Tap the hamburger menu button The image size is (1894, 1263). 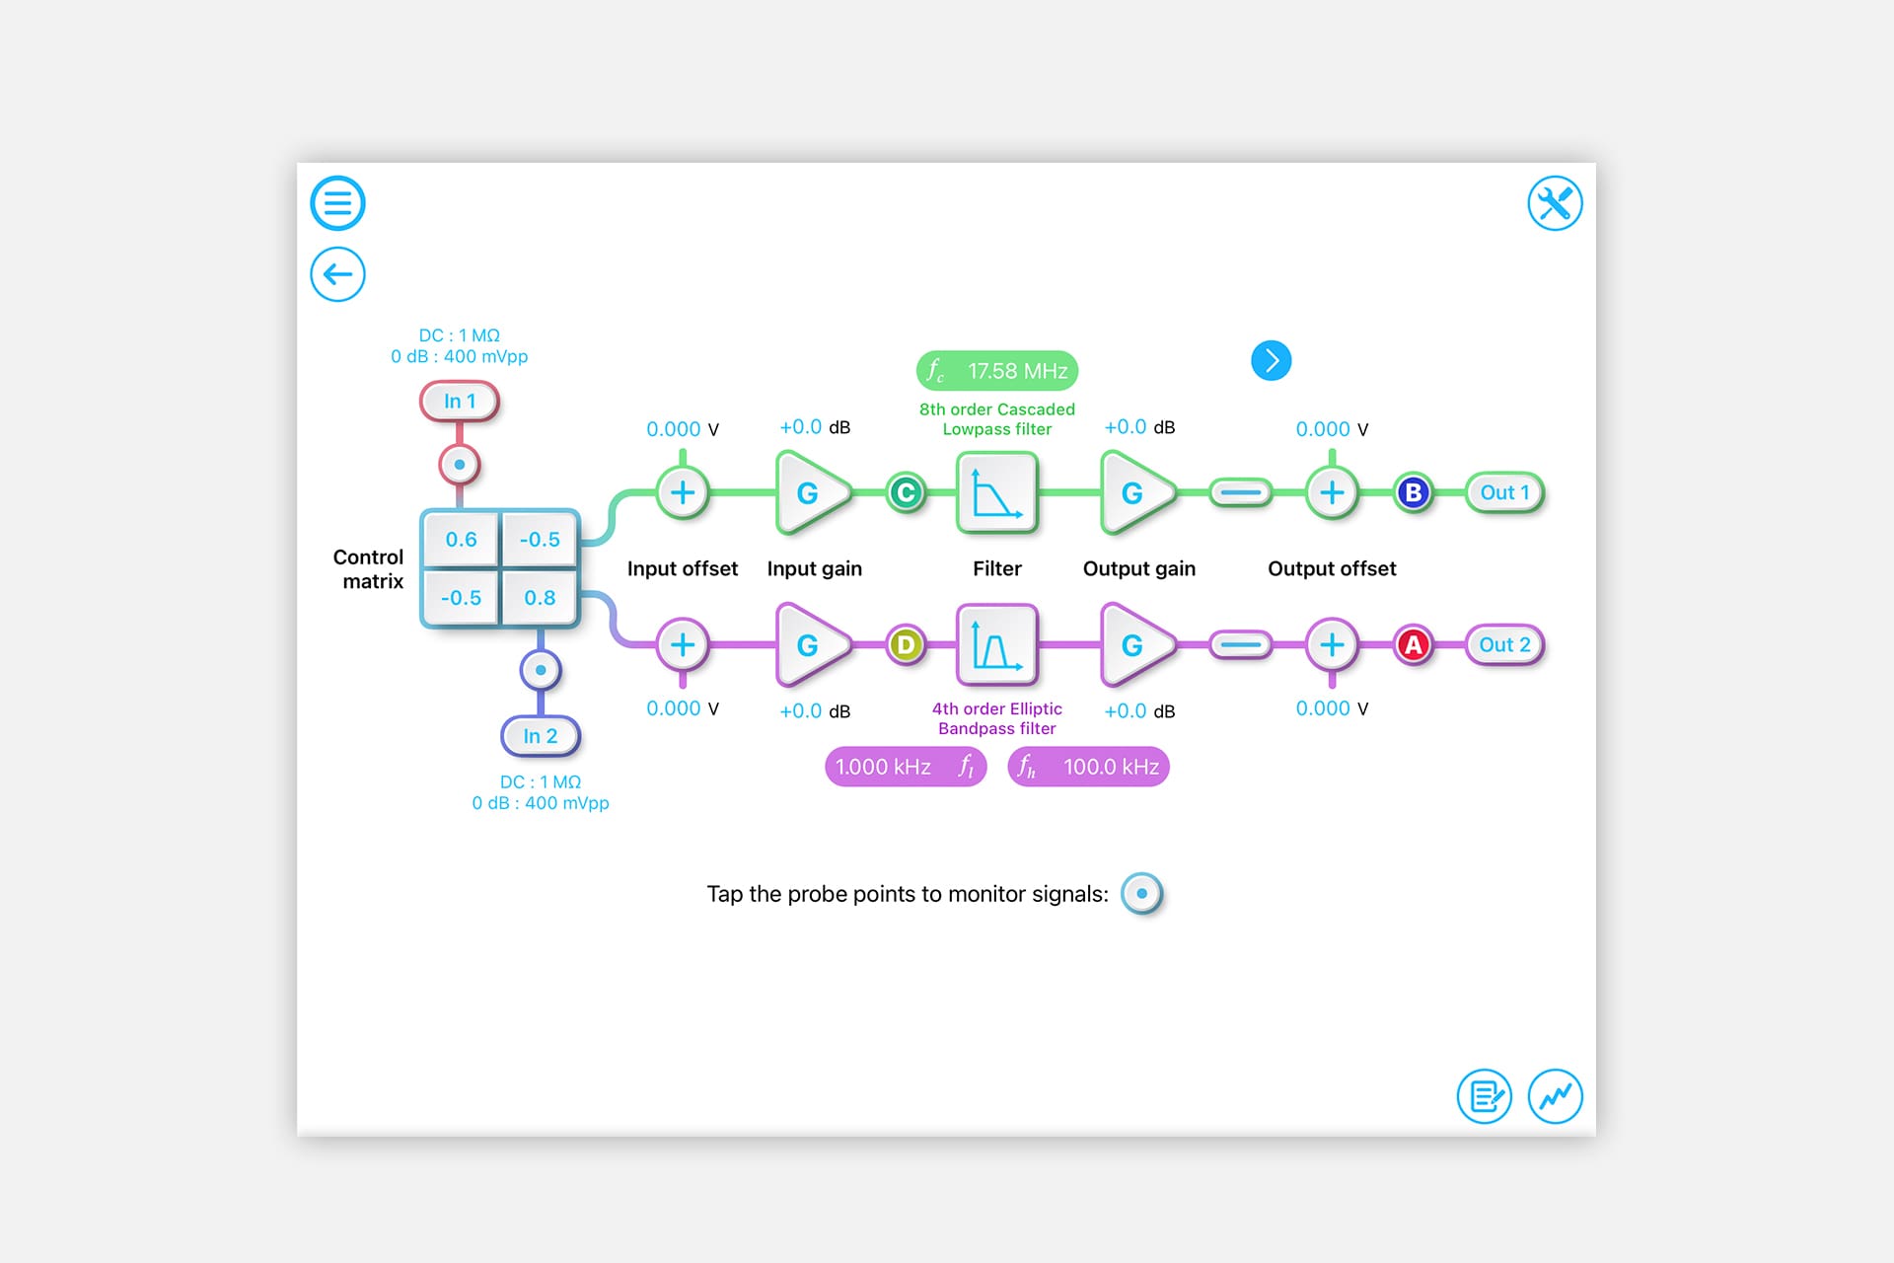point(337,203)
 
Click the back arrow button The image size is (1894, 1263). point(337,274)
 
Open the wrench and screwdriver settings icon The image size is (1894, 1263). point(1555,203)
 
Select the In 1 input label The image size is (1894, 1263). point(460,402)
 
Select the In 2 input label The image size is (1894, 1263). point(541,736)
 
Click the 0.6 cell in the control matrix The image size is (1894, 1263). point(461,540)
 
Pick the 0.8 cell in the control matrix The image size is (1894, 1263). point(540,598)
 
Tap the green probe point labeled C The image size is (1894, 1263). point(906,492)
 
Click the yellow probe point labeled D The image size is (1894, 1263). point(906,645)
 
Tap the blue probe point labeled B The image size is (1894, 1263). point(1414,492)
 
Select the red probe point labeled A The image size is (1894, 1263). point(1414,645)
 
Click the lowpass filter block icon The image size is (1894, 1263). point(996,492)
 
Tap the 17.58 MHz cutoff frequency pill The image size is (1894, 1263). point(997,371)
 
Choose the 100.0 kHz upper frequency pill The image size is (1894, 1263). point(1088,767)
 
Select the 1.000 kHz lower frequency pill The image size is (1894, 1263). point(905,767)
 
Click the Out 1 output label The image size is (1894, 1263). point(1504,492)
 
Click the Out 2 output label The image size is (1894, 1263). point(1504,645)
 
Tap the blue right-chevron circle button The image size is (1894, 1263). point(1271,360)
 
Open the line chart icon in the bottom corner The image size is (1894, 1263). point(1555,1096)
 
